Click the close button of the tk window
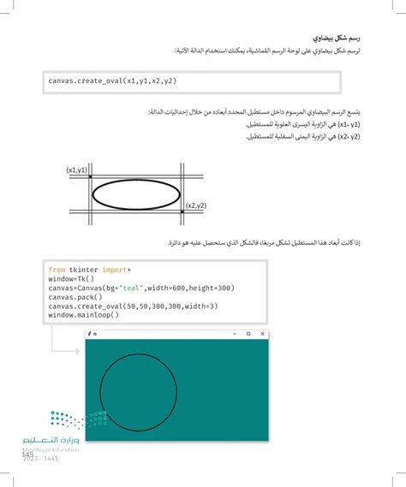coord(261,333)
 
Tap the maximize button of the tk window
coord(248,333)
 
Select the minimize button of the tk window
coord(234,333)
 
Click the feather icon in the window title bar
coord(90,333)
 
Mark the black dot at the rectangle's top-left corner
coord(91,177)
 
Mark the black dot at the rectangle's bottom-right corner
coord(182,199)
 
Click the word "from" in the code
coord(57,269)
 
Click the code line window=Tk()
coord(71,278)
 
